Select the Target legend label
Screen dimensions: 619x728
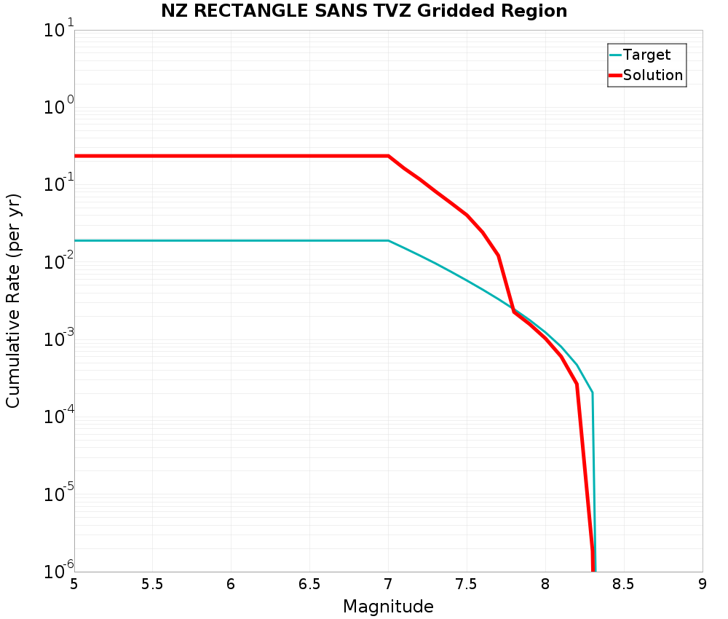pos(647,55)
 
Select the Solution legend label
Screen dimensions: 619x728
pos(653,75)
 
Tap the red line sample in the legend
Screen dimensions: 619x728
pos(615,75)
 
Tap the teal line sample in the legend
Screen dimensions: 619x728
pos(615,55)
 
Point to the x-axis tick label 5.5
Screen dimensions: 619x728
pos(152,585)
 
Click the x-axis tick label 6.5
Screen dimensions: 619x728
pos(309,585)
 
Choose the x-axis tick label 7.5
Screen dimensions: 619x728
pos(467,585)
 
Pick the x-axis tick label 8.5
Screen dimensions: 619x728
pos(624,585)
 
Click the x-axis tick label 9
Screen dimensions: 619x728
pos(703,585)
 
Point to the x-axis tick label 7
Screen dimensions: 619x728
pos(388,585)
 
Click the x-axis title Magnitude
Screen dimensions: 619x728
pos(388,607)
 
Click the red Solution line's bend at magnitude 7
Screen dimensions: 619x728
pos(388,156)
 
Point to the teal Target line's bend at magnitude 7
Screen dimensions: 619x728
pos(388,240)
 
